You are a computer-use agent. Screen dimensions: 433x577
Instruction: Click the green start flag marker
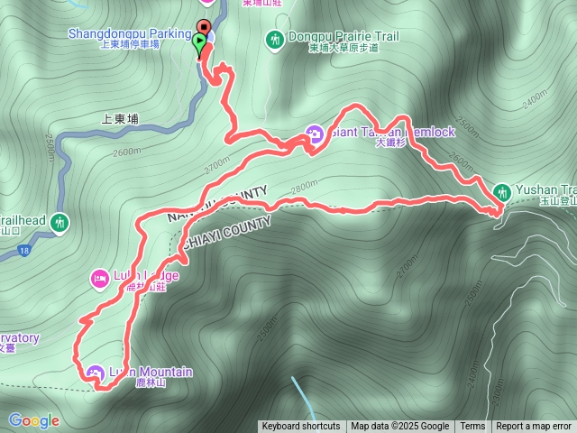198,41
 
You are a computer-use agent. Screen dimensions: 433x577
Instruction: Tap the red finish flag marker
205,26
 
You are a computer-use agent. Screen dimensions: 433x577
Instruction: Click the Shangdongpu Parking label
129,34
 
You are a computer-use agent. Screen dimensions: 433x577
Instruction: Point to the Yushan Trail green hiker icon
502,191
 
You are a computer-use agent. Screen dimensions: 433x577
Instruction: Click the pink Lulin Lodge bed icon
99,276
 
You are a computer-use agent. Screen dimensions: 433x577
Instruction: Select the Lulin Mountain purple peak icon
96,372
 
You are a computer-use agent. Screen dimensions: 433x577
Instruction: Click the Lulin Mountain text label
151,372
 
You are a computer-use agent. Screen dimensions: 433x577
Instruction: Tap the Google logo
33,420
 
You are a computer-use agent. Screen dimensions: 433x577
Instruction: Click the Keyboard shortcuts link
301,427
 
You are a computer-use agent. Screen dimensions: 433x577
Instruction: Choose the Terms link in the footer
472,427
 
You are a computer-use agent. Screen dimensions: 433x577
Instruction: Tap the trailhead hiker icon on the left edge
60,221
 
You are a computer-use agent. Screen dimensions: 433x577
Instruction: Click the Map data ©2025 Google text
400,427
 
